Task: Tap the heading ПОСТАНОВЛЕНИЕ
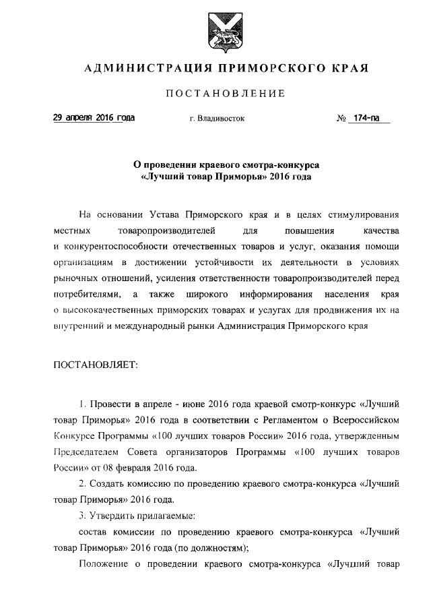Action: click(x=216, y=94)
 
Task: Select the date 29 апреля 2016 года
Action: click(x=94, y=118)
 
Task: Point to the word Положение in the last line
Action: click(x=102, y=564)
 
